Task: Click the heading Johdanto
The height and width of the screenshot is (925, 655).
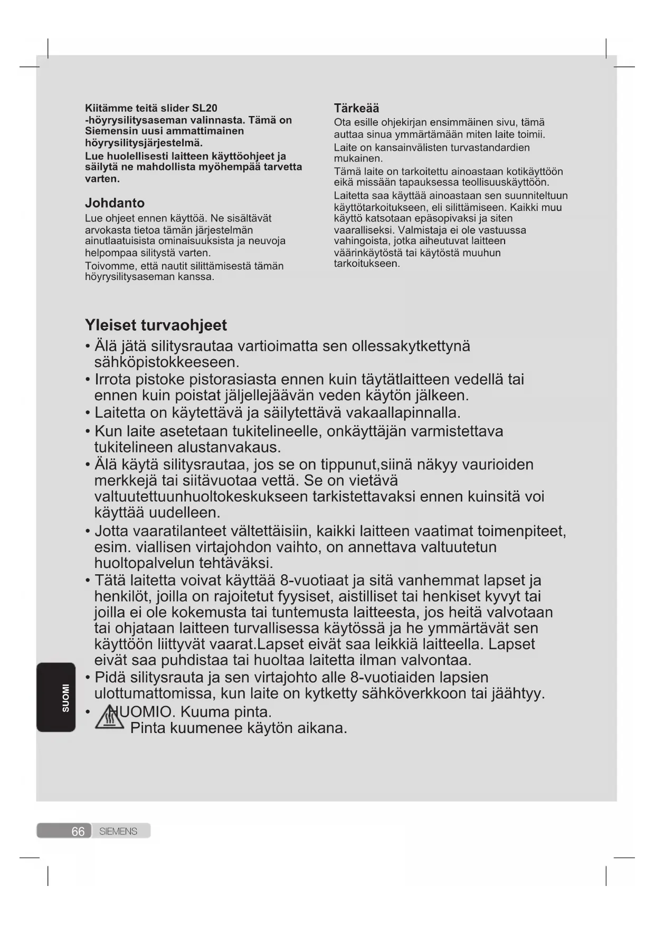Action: coord(115,203)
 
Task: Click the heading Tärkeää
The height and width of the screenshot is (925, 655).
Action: coord(356,108)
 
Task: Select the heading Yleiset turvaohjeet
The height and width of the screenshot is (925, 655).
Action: coord(156,325)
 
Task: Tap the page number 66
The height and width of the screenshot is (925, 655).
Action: coord(78,832)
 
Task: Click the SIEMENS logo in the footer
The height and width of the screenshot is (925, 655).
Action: coord(118,832)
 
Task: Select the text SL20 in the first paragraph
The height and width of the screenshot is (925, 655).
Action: coord(205,108)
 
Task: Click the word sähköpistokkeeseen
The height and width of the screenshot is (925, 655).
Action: coord(167,362)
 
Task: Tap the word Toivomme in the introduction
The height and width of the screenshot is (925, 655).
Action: coord(107,266)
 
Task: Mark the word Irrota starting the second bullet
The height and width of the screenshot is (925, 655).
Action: coord(112,379)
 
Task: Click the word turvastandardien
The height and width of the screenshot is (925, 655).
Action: coord(490,147)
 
